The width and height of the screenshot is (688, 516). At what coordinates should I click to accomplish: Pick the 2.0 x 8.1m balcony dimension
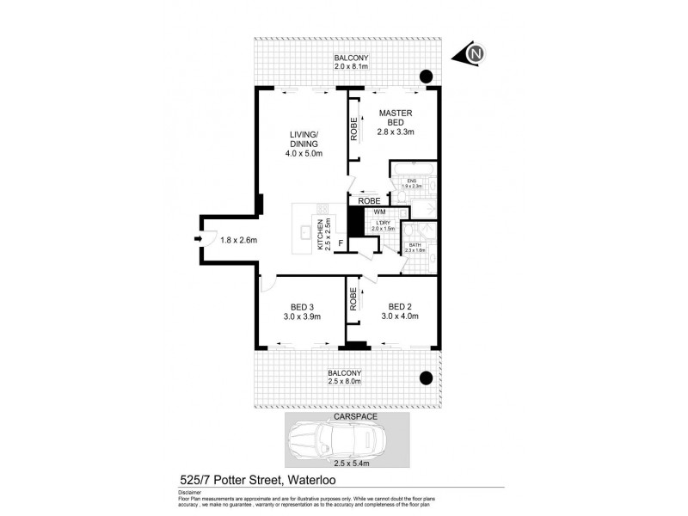pyautogui.click(x=351, y=65)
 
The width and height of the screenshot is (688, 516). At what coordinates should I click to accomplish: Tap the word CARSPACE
pyautogui.click(x=347, y=416)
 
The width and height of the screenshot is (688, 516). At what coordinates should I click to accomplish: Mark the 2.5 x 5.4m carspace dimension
pyautogui.click(x=347, y=464)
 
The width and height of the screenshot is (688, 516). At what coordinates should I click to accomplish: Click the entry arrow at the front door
pyautogui.click(x=200, y=240)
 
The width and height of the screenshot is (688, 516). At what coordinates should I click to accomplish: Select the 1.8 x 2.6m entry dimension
pyautogui.click(x=239, y=240)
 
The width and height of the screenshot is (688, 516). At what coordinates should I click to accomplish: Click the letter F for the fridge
pyautogui.click(x=341, y=243)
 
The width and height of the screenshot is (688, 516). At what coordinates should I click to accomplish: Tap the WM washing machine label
pyautogui.click(x=379, y=212)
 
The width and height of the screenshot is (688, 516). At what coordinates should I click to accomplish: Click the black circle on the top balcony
pyautogui.click(x=425, y=75)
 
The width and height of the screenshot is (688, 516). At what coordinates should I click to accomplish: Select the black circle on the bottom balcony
pyautogui.click(x=424, y=376)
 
